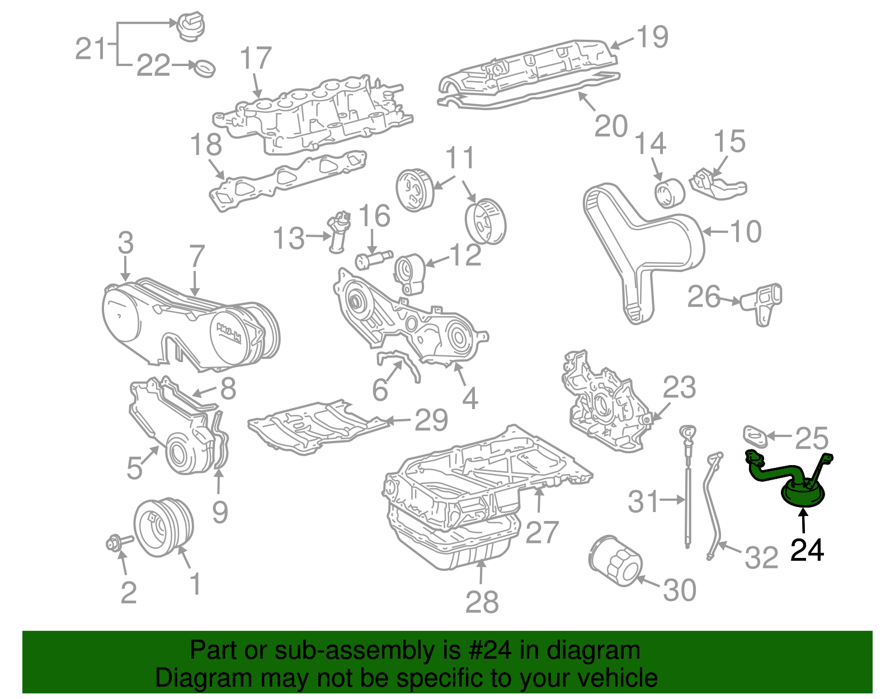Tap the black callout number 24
(807, 551)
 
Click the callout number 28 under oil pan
(482, 603)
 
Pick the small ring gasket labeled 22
(205, 68)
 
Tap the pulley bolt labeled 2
(117, 543)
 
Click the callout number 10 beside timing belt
(746, 231)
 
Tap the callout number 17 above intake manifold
(256, 58)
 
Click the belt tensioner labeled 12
(411, 274)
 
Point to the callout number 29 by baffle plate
(431, 420)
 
